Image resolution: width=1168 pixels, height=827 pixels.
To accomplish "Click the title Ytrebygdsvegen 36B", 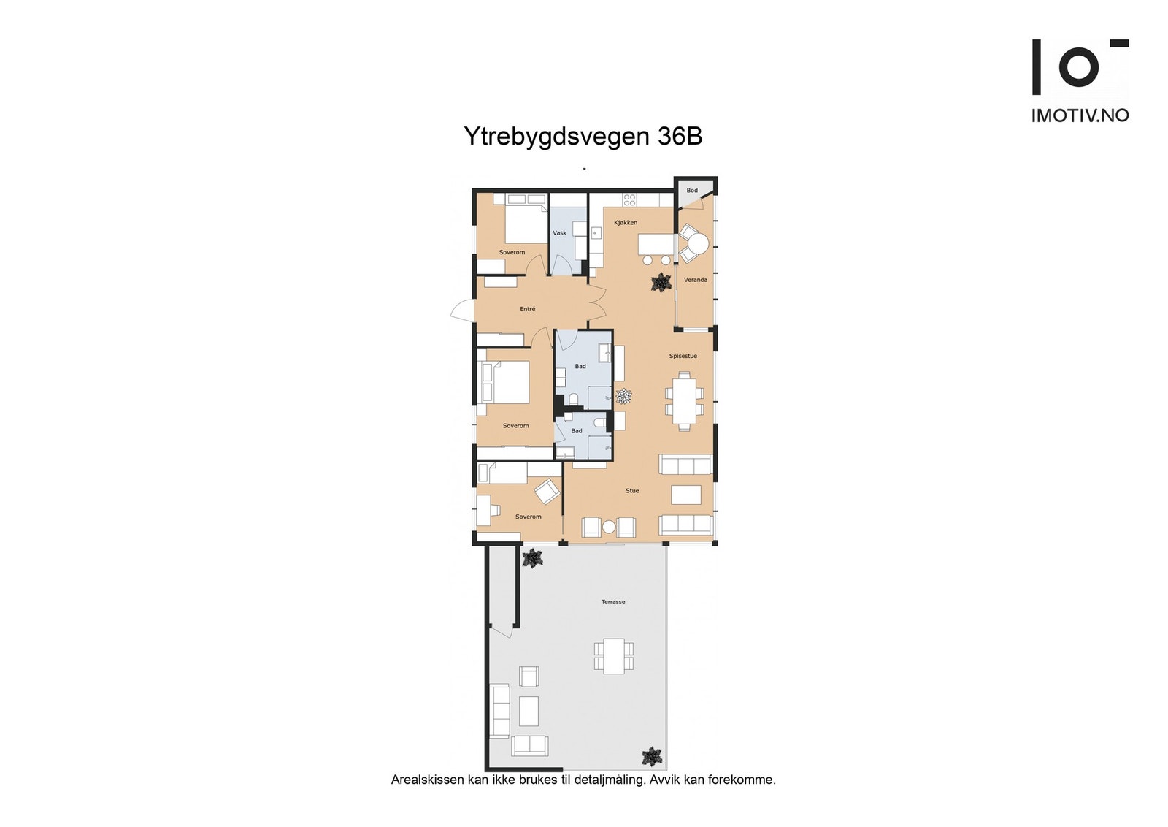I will tap(583, 137).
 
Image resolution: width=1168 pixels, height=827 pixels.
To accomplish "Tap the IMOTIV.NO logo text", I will tap(1080, 115).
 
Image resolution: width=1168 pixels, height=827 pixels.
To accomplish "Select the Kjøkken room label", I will tap(626, 222).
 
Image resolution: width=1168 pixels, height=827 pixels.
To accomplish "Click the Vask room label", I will tap(560, 233).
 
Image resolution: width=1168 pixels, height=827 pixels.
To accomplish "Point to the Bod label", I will tap(692, 191).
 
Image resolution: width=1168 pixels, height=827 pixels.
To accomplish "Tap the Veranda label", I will tap(695, 280).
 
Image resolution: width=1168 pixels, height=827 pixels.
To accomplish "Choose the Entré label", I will tap(527, 309).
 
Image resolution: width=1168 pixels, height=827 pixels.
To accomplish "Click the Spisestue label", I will tap(683, 356).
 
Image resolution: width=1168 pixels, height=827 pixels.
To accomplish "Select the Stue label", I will tap(632, 490).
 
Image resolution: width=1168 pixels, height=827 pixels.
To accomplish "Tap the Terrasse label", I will tap(613, 602).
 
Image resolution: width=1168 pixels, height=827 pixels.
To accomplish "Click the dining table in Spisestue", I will tap(685, 401).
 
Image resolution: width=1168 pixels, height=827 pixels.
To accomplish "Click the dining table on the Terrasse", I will tap(614, 655).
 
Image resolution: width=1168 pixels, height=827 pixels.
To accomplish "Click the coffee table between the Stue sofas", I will tap(686, 495).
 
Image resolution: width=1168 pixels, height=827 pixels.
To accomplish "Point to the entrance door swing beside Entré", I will tap(462, 312).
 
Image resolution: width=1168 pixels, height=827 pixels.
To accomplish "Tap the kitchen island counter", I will tap(656, 243).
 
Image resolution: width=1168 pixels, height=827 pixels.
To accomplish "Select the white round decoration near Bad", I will tap(623, 397).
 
